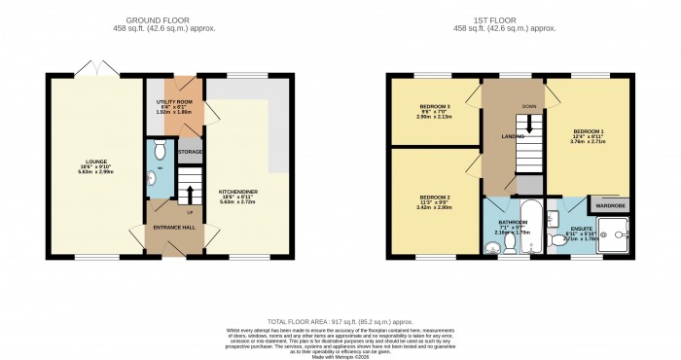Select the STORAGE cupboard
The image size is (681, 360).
pos(190,152)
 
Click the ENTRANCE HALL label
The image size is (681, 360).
pos(175,227)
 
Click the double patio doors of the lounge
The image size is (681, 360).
pos(93,68)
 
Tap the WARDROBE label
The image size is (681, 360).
pos(610,205)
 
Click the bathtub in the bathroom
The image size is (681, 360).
pos(529,222)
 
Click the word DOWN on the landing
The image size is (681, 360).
pos(528,106)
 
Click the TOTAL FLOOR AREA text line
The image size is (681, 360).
pos(340,322)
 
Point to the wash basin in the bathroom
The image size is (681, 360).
pos(496,248)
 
